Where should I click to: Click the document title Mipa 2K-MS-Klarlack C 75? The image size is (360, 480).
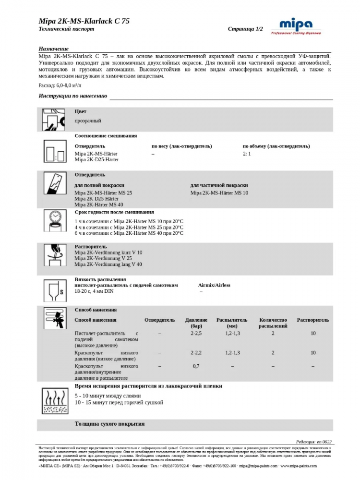tap(84, 21)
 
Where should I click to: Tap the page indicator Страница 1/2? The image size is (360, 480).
tap(245, 29)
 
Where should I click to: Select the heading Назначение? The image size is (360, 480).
tap(53, 49)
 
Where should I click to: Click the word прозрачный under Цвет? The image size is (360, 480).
tap(88, 120)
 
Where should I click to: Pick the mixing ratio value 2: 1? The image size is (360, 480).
tap(247, 154)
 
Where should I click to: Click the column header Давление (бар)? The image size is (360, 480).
tap(196, 323)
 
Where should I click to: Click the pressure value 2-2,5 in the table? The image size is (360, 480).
tap(196, 333)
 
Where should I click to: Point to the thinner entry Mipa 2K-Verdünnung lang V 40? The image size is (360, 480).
tap(108, 264)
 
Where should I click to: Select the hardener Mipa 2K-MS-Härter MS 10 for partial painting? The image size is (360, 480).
tap(219, 192)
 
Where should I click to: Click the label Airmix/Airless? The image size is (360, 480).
tap(214, 285)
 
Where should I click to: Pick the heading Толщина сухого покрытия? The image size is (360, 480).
tap(109, 424)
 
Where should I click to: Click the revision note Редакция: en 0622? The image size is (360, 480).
tap(314, 442)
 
